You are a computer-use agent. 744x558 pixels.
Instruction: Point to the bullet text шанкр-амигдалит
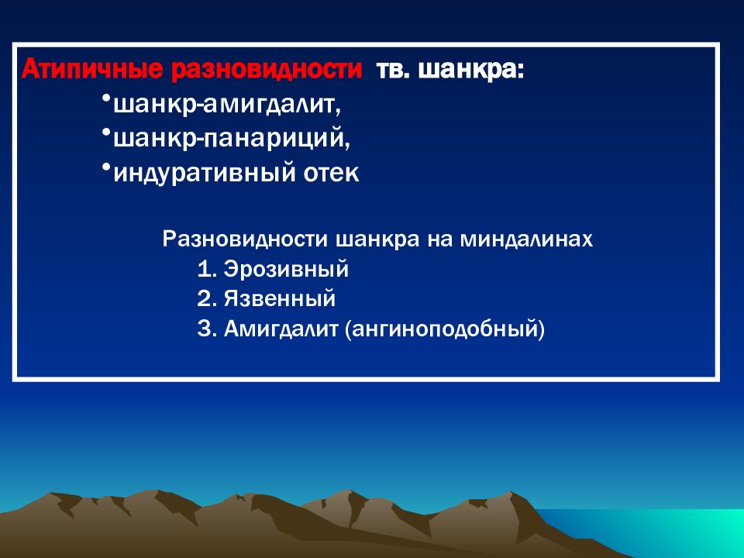[x=227, y=104]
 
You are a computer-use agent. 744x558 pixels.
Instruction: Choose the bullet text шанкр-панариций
[x=232, y=138]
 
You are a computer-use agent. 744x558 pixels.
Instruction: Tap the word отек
[x=331, y=173]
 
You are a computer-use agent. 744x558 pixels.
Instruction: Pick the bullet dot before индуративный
[x=106, y=167]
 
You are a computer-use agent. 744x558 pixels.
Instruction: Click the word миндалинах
[x=526, y=239]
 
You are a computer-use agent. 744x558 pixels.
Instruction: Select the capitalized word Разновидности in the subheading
[x=245, y=239]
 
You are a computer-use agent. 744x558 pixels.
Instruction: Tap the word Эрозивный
[x=286, y=269]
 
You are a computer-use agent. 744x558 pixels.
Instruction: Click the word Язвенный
[x=280, y=299]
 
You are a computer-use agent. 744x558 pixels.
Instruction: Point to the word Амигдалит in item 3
[x=281, y=329]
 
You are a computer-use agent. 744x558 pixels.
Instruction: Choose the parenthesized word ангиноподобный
[x=445, y=329]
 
